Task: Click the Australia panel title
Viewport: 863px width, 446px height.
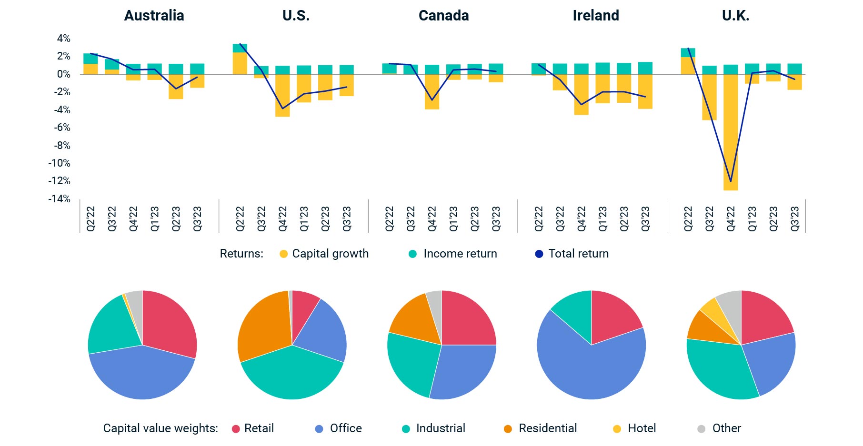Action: [x=154, y=16]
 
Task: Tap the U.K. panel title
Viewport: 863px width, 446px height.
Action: [x=735, y=16]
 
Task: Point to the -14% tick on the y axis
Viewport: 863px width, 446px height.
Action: [x=59, y=198]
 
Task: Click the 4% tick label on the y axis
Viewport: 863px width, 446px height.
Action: [x=63, y=39]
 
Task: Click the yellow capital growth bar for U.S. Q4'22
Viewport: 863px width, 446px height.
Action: [x=282, y=95]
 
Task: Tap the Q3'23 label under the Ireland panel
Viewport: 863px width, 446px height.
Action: [x=645, y=218]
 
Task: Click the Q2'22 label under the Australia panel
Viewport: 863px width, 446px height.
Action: [x=90, y=218]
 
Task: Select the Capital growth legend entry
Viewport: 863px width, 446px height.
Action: [x=324, y=254]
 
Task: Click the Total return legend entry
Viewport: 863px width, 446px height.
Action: [x=572, y=254]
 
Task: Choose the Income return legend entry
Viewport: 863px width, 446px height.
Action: [x=452, y=254]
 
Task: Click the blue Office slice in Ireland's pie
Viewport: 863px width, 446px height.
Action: [x=591, y=371]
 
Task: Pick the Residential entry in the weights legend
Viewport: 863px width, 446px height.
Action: [x=541, y=428]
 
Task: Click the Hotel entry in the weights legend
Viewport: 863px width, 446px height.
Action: [x=635, y=428]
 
